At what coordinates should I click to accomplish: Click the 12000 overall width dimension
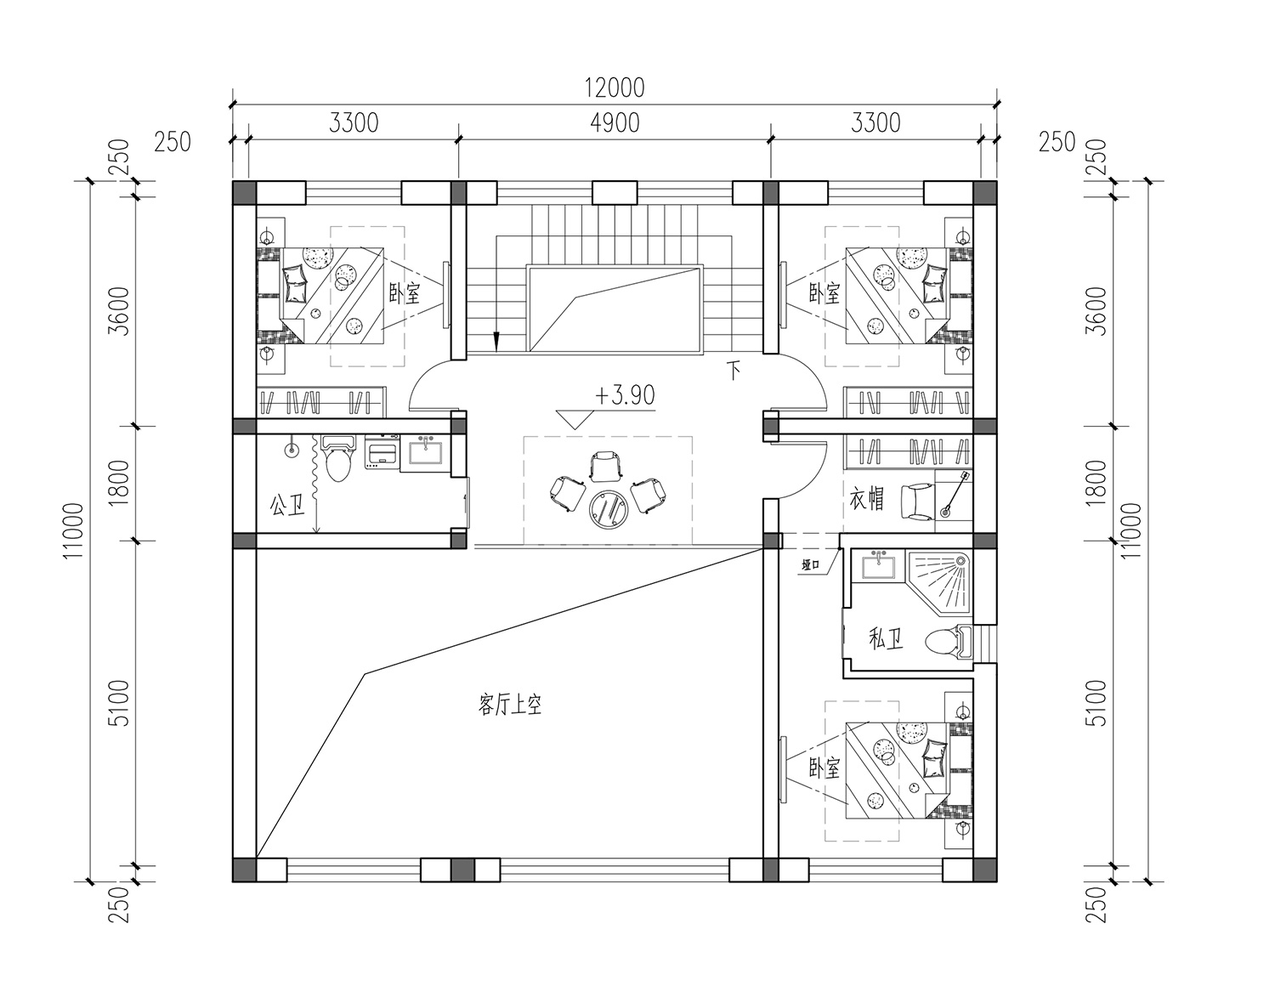point(615,88)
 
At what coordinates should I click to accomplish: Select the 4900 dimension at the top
point(615,123)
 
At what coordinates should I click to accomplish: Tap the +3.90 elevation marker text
point(625,395)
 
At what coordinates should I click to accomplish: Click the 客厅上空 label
point(509,705)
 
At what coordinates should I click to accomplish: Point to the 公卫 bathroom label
point(287,506)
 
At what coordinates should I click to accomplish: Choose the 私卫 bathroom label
point(887,639)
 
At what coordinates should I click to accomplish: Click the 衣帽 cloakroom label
point(867,499)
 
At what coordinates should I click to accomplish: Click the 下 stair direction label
point(734,371)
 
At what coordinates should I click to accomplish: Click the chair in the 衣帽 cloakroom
point(916,501)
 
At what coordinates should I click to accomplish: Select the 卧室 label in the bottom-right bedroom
point(824,769)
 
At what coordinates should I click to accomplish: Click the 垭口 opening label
point(810,565)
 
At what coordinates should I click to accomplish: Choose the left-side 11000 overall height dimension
point(74,531)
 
